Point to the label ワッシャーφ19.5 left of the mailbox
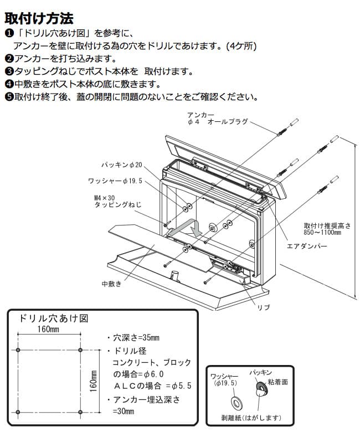tap(115, 181)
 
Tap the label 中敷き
tap(111, 284)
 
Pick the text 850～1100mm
tap(322, 232)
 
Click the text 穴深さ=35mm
tap(136, 337)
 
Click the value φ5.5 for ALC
tap(181, 385)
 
